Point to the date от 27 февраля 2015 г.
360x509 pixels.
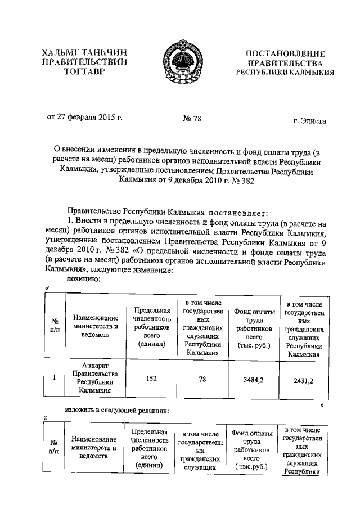[x=84, y=119]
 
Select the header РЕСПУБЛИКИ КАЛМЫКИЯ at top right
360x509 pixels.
[x=285, y=73]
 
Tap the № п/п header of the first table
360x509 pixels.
[x=53, y=326]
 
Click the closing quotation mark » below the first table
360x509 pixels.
[x=322, y=404]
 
